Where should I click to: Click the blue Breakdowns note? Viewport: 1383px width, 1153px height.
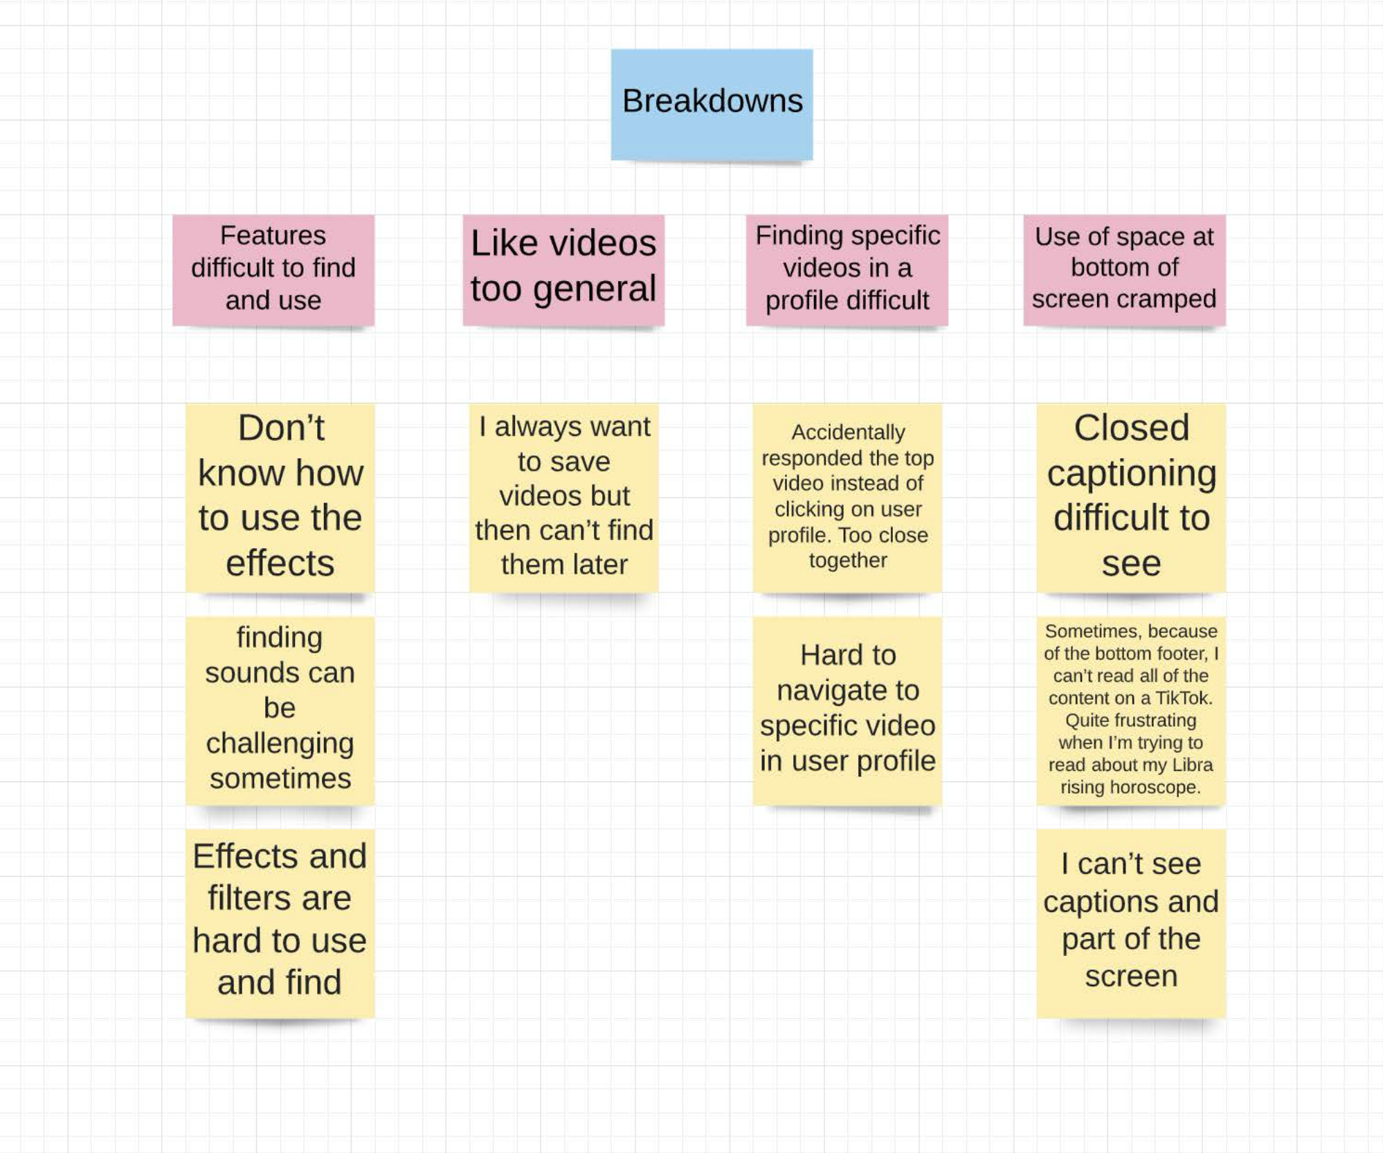(712, 104)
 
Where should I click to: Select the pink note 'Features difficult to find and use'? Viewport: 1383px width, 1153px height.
(273, 269)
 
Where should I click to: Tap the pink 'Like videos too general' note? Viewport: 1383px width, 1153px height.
(563, 269)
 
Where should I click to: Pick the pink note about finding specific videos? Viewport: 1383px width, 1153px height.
(847, 269)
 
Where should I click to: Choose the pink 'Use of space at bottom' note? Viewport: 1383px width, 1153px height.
(1124, 269)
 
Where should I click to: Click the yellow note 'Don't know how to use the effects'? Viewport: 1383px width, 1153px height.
(280, 497)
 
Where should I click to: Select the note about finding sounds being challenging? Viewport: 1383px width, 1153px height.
(280, 710)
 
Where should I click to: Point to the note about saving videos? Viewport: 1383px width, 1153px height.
(563, 497)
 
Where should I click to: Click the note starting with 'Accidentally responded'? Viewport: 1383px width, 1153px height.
(847, 497)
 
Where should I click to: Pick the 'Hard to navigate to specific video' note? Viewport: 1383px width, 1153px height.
(847, 710)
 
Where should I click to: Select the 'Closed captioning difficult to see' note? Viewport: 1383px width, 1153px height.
(1131, 497)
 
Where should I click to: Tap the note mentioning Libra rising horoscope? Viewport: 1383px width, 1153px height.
(1131, 710)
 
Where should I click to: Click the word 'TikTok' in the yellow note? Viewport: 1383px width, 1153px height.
(1183, 698)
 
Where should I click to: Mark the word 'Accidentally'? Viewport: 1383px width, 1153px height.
(848, 432)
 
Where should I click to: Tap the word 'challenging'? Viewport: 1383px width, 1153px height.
(280, 743)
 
